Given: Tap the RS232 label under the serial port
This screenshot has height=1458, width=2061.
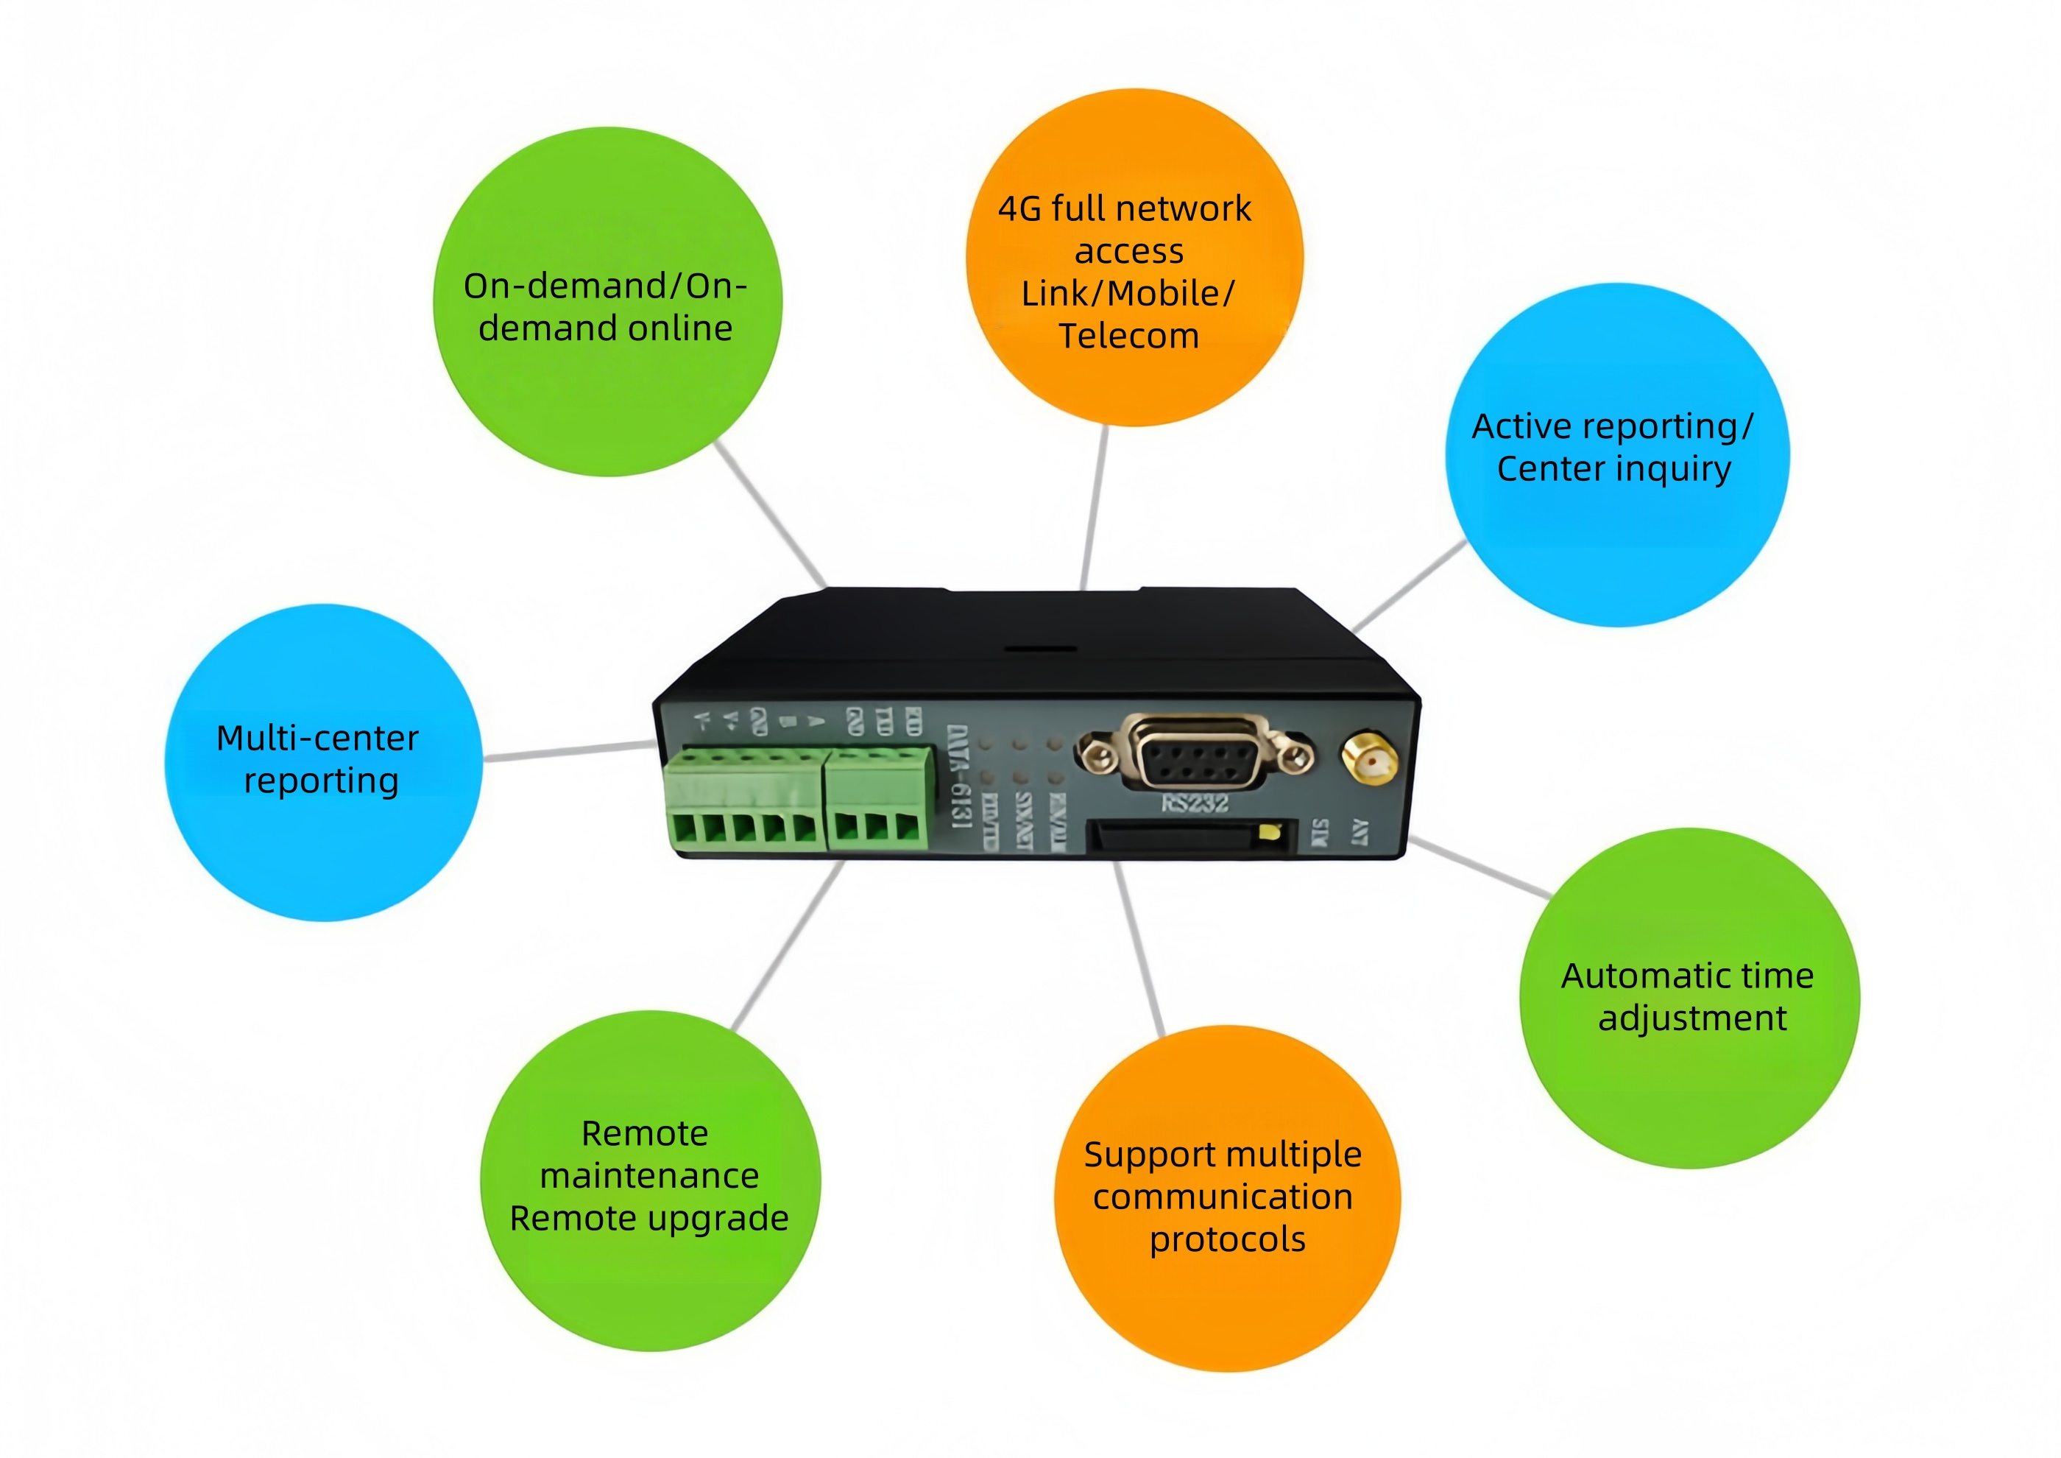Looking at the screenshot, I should [1194, 803].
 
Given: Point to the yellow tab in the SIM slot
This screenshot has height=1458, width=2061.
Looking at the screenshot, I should [1268, 831].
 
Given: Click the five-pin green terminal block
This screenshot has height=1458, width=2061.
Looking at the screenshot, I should [744, 802].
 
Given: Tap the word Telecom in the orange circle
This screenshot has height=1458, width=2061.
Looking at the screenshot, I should [1128, 336].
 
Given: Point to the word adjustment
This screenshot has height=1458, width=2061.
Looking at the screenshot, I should [1692, 1019].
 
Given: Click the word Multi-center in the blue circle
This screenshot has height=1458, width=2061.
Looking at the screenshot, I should [318, 738].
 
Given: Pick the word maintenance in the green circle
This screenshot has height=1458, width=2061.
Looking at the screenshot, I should [649, 1176].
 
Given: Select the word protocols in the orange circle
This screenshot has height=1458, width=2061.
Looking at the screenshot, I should [1227, 1241].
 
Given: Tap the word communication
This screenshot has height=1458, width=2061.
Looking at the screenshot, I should [1223, 1197].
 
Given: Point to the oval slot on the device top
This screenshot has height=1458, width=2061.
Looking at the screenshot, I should [1039, 648].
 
